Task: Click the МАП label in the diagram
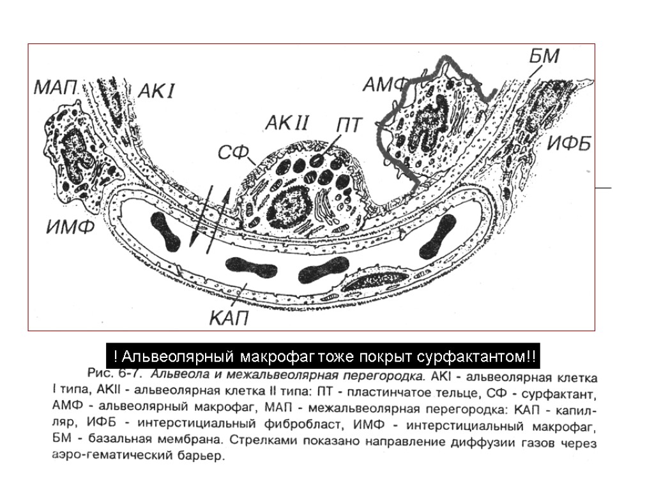click(56, 87)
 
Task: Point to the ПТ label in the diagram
click(349, 124)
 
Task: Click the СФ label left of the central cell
click(232, 153)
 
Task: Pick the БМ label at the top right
click(544, 56)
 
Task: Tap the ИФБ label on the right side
click(568, 144)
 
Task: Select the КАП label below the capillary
click(229, 317)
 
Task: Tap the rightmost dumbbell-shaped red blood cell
click(437, 234)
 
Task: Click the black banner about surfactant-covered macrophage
click(323, 355)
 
